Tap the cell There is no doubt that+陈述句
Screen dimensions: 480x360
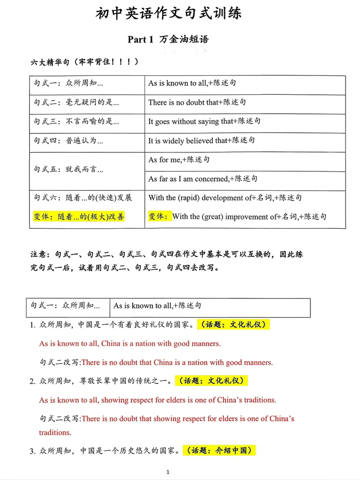(197, 102)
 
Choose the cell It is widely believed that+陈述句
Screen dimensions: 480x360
(201, 140)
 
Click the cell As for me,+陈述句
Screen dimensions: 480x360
(179, 160)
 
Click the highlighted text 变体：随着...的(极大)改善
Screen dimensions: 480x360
(80, 217)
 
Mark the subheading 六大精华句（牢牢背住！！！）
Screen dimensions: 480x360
(84, 62)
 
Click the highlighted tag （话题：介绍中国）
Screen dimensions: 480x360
(219, 450)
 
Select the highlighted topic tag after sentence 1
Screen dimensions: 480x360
(233, 325)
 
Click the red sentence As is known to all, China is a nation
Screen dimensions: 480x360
(129, 344)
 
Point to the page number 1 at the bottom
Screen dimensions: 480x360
(167, 472)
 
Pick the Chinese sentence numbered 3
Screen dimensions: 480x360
(104, 450)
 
